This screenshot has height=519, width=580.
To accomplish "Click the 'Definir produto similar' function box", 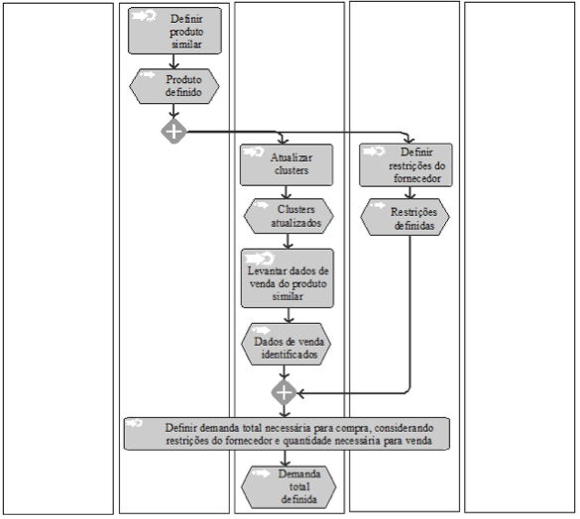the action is [174, 31].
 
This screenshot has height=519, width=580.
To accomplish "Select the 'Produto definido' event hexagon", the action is [174, 86].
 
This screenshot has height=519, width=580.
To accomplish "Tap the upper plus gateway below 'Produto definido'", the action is [174, 131].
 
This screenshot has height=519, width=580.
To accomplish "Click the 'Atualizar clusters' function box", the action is [287, 164].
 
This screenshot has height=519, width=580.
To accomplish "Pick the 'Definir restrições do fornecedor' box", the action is [406, 164].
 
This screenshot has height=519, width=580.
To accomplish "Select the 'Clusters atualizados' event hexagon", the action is [289, 216].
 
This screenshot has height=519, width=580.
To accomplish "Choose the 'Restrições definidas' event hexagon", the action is [406, 217].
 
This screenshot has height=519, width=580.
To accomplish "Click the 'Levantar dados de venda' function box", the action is [288, 278].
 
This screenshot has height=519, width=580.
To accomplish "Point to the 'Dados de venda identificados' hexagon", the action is [286, 345].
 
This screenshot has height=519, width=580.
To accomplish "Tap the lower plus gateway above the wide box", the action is [284, 392].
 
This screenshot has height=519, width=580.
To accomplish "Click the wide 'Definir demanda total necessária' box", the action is [287, 434].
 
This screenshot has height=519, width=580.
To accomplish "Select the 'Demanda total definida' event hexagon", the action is [289, 487].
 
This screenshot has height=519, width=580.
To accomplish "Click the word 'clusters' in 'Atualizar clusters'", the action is [291, 170].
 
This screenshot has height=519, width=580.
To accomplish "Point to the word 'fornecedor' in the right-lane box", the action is [417, 178].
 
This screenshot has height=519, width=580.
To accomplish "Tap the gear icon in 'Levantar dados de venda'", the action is [267, 258].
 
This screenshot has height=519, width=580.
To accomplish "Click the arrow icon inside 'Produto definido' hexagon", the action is [147, 75].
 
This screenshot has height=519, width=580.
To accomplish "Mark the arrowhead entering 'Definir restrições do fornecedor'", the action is [408, 140].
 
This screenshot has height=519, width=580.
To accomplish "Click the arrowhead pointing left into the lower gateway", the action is [300, 393].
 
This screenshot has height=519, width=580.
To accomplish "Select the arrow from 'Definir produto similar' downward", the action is [174, 61].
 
